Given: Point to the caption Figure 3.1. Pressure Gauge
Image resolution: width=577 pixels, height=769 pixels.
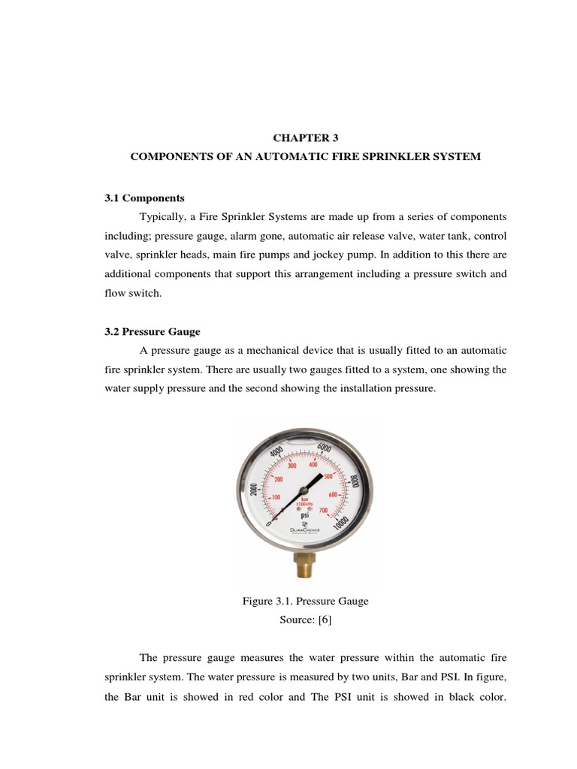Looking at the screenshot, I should click(305, 601).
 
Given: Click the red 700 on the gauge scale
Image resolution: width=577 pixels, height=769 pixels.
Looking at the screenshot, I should click(323, 511).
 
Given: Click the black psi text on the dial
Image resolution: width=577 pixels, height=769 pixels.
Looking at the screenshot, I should click(305, 517).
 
